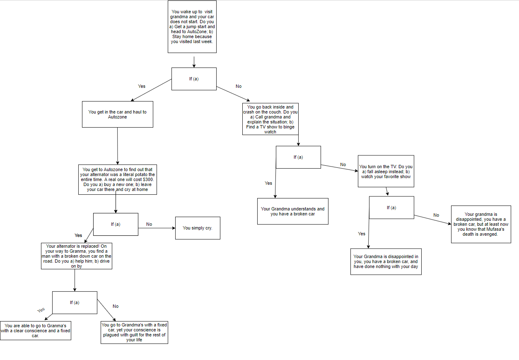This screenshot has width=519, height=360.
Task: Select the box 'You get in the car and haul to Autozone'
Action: click(x=117, y=114)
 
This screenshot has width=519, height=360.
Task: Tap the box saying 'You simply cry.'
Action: click(x=197, y=228)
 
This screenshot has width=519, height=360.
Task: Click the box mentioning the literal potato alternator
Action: click(x=117, y=179)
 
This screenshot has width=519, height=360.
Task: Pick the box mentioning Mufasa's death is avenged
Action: click(x=480, y=224)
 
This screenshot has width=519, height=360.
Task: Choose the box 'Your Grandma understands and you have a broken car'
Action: click(x=292, y=211)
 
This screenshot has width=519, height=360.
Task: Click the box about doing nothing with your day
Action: click(x=386, y=261)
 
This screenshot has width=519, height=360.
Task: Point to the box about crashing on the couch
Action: click(x=270, y=119)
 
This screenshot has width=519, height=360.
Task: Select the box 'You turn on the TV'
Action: click(x=386, y=172)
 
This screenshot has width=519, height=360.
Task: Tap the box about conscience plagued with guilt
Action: click(x=134, y=332)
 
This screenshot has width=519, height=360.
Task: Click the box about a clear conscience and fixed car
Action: click(x=35, y=331)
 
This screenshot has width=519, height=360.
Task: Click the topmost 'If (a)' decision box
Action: click(x=194, y=79)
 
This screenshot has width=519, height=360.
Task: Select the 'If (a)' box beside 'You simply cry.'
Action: click(x=116, y=224)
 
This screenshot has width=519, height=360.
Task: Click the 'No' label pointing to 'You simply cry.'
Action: click(x=149, y=224)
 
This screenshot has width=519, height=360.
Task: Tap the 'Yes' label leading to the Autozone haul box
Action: click(x=142, y=87)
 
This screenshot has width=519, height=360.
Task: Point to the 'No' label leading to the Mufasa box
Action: click(x=436, y=215)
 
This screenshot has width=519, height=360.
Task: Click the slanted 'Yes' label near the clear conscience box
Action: click(x=41, y=310)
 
